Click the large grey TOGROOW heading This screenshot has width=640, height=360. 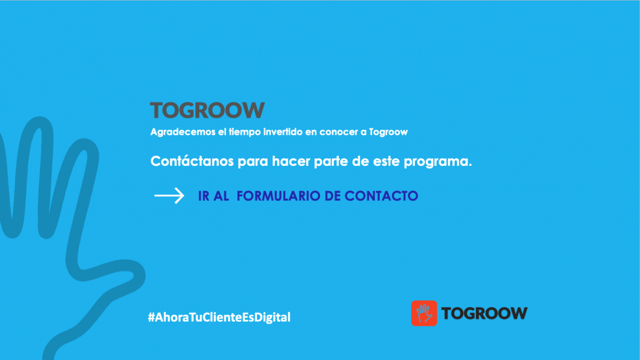coord(207,110)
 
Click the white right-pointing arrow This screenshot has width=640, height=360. coord(169,196)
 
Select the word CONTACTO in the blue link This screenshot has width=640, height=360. coord(381,196)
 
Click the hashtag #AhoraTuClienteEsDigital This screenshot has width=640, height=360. coord(219,317)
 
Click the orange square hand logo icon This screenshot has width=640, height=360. coord(424,313)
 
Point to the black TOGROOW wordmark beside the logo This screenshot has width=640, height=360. coord(484,313)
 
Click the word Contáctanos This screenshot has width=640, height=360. coord(192,161)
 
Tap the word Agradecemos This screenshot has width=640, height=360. coord(183,132)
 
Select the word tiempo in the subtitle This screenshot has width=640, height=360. coord(245,132)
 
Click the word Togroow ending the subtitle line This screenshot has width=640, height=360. coord(388,132)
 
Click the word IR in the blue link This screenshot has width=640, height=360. coord(204,196)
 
